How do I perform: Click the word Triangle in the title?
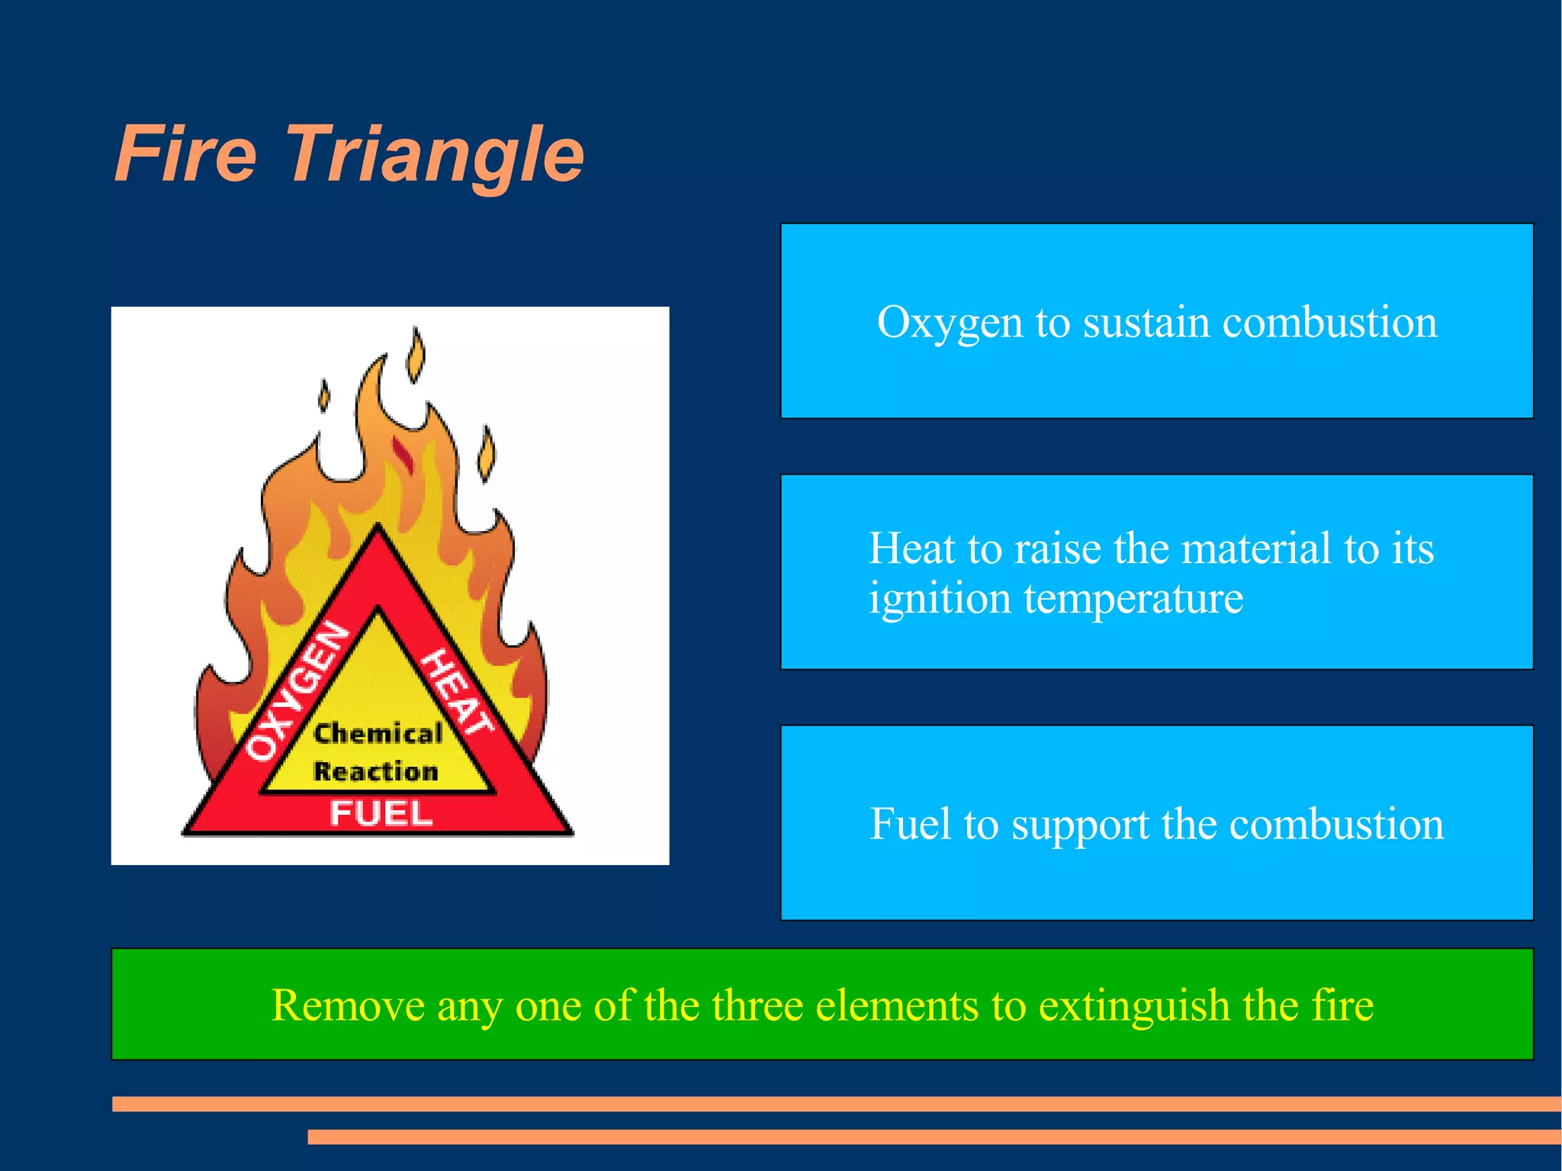[435, 156]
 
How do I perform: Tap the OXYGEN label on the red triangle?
[297, 690]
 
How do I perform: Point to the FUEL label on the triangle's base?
[381, 813]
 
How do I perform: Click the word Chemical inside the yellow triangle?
[378, 733]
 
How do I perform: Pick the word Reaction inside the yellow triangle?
[376, 771]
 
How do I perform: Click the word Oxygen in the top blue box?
[950, 323]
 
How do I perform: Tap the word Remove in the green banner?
[347, 1005]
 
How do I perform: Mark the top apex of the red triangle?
[378, 528]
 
